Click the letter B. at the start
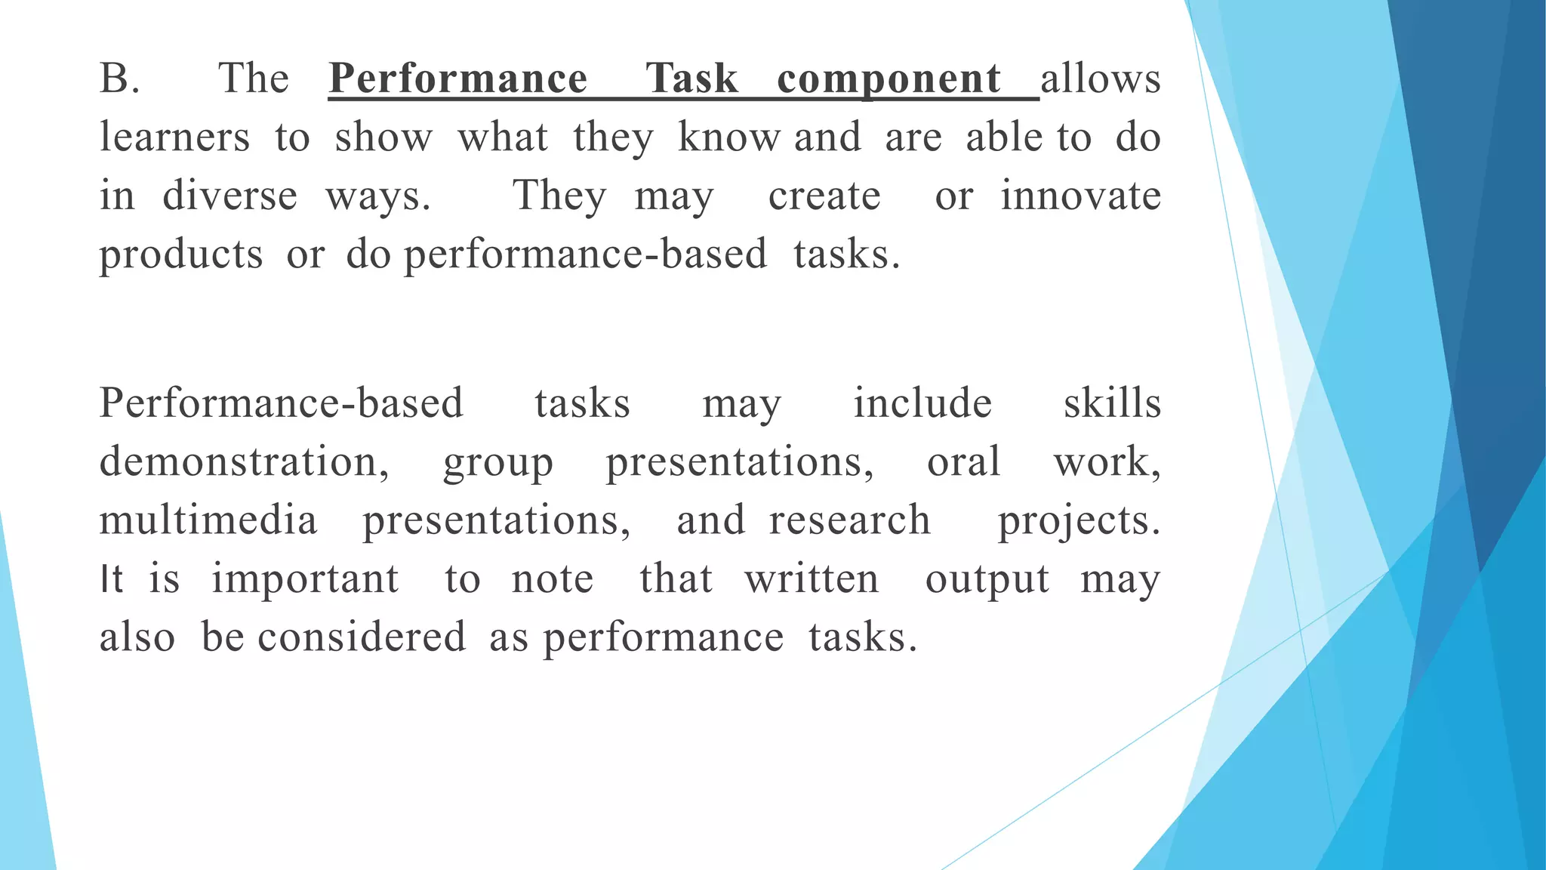click(119, 79)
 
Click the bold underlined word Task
click(691, 79)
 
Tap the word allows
click(1101, 79)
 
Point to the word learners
click(174, 137)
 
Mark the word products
click(181, 255)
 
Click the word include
click(922, 403)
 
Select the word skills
click(1112, 403)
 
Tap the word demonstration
click(243, 461)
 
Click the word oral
click(963, 461)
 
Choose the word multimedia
click(208, 520)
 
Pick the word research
click(849, 520)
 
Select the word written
click(811, 579)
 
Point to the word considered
click(362, 637)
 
